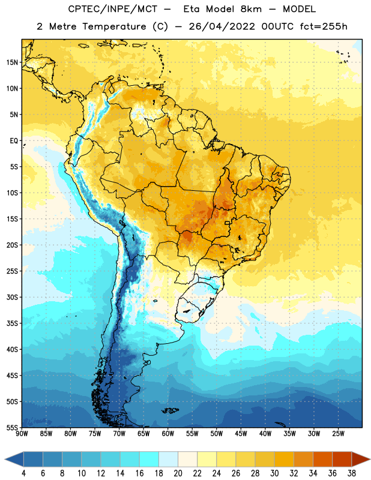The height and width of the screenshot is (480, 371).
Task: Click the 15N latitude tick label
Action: [12, 62]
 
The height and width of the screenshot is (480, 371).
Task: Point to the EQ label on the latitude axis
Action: [14, 141]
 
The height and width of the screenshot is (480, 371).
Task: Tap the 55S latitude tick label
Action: [12, 427]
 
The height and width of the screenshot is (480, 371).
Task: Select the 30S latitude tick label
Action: [12, 297]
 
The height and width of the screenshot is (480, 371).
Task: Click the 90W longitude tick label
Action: [22, 433]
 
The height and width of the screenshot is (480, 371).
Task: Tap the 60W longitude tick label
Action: [168, 433]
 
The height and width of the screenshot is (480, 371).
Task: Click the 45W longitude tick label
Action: [241, 433]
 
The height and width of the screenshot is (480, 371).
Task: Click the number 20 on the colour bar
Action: [178, 473]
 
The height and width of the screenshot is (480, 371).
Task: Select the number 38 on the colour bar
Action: [352, 473]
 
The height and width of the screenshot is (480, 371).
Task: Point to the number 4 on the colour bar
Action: [23, 473]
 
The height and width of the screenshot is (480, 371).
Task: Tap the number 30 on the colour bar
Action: [274, 473]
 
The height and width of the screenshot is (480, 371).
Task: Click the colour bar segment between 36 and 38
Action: [342, 459]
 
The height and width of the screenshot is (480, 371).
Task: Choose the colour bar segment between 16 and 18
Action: [149, 459]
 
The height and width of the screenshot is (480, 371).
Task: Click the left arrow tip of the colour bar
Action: [5, 459]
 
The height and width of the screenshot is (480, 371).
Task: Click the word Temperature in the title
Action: [115, 26]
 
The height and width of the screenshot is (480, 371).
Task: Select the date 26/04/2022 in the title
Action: [222, 26]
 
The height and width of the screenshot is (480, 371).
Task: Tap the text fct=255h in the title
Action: [324, 26]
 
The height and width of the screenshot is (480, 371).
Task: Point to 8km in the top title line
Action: [251, 9]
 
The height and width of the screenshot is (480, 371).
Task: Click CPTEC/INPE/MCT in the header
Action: [113, 9]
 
